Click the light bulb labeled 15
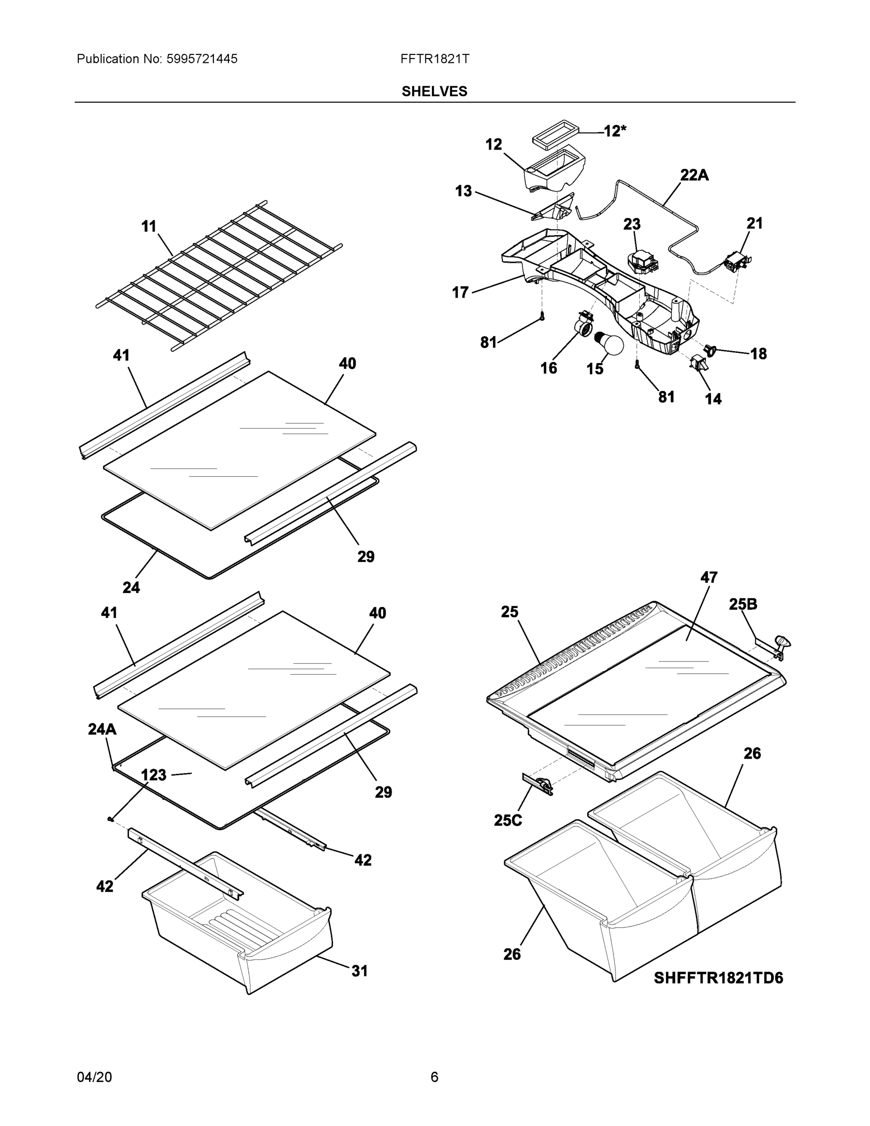coord(610,344)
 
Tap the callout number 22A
coord(694,175)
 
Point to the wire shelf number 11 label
coord(149,226)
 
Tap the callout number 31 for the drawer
coord(359,971)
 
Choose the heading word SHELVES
coord(434,91)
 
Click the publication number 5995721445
coord(202,59)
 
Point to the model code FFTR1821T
coord(434,59)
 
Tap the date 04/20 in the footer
coord(94,1077)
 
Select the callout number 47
coord(709,578)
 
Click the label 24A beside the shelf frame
coord(102,729)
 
